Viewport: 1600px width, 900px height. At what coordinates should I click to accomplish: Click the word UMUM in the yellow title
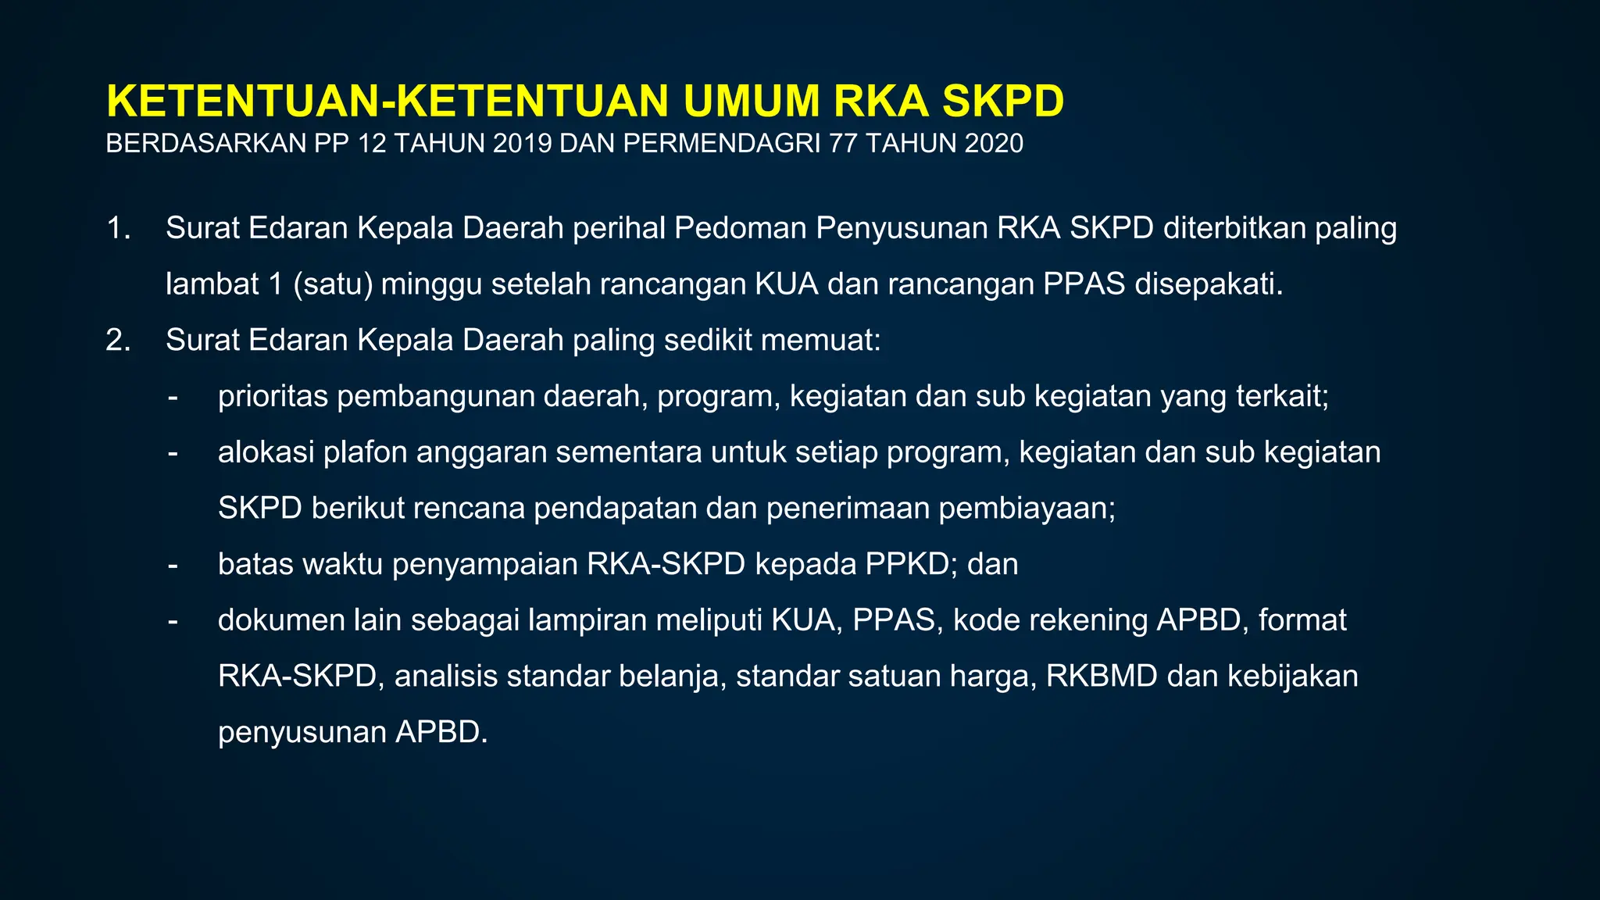pyautogui.click(x=751, y=102)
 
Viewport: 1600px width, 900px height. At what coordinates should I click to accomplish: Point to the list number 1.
pyautogui.click(x=118, y=228)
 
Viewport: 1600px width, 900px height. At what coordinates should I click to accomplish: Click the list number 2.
pyautogui.click(x=118, y=341)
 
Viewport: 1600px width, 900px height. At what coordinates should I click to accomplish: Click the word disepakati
pyautogui.click(x=1209, y=284)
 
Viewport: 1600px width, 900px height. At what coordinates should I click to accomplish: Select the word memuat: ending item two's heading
pyautogui.click(x=820, y=341)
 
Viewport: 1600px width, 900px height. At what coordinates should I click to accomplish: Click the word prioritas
pyautogui.click(x=273, y=397)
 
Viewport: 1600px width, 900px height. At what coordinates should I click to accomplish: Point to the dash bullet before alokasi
pyautogui.click(x=173, y=452)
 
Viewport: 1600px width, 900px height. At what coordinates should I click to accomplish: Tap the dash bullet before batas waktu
pyautogui.click(x=173, y=564)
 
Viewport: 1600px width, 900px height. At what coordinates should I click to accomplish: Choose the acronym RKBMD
pyautogui.click(x=1102, y=677)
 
